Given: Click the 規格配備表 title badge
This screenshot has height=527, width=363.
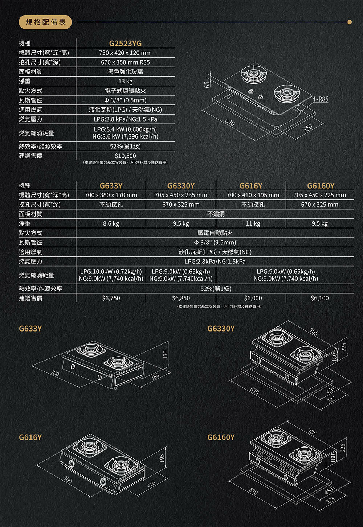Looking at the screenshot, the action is coord(45,22).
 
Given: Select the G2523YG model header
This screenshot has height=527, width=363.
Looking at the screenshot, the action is coord(125,44).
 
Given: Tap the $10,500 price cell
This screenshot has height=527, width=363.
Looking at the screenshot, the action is coord(125,156).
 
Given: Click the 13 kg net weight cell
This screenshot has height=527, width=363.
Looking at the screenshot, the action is coord(125,81).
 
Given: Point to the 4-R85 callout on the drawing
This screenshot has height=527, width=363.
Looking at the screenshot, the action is coord(320,99).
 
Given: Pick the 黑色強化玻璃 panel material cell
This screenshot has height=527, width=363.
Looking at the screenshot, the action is coord(125,72).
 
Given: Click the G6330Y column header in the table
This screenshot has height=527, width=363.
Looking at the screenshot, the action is coord(181,186).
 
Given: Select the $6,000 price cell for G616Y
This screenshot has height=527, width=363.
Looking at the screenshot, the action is coord(253,298).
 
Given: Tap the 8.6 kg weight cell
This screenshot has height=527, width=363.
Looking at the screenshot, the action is coord(111,223).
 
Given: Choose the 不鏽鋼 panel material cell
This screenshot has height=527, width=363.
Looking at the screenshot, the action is coord(216,214).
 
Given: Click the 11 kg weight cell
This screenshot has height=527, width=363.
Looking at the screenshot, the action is coord(253,223).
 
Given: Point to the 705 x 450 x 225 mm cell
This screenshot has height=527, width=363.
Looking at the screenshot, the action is coord(319,195).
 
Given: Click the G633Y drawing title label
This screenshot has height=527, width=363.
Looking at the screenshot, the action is coord(30,329).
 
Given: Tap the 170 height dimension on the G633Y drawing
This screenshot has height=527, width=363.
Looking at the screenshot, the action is coord(165,353).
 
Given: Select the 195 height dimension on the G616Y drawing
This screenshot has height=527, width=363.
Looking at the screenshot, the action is coord(162,458).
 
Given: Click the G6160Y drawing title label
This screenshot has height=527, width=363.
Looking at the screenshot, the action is coord(221,437).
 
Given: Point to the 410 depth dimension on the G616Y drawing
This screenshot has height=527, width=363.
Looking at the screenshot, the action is coord(151,483).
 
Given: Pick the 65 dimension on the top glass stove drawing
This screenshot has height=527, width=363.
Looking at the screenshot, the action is coord(207,85).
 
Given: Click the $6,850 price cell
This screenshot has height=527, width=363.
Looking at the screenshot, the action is coord(181,298).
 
